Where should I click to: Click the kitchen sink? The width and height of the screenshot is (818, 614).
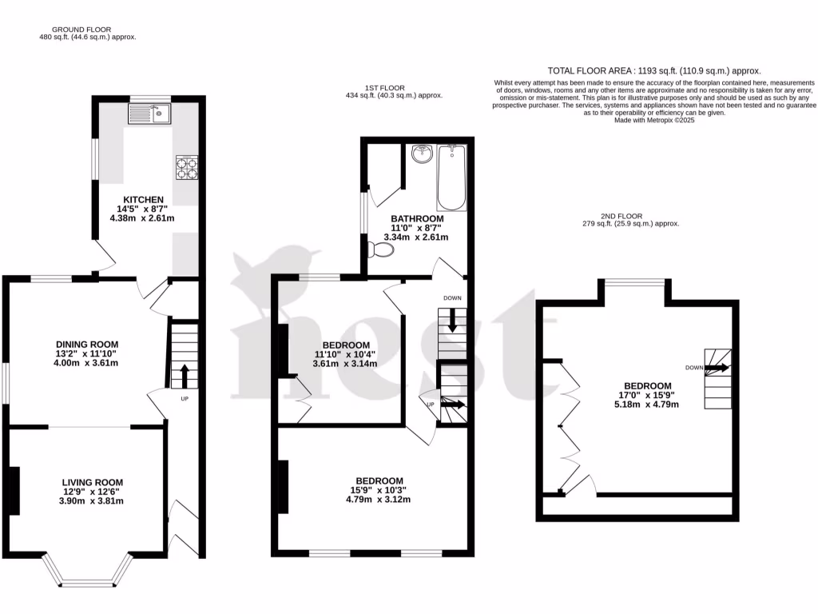click(x=149, y=114)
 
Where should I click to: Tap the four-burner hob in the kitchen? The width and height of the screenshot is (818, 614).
click(x=186, y=167)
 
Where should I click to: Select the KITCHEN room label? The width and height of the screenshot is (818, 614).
click(x=143, y=200)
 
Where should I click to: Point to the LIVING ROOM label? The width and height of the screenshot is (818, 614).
click(x=93, y=482)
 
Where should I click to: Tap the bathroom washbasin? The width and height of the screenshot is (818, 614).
click(x=421, y=153)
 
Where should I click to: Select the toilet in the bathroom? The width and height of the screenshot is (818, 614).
click(x=382, y=250)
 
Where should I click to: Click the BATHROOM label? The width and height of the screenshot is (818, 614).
click(x=416, y=219)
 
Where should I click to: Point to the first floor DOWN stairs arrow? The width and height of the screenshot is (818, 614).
click(x=453, y=321)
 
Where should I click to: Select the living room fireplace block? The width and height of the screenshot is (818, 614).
click(x=14, y=490)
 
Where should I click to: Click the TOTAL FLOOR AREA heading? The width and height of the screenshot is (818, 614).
click(x=654, y=71)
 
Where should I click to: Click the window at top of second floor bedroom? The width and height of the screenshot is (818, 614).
click(x=634, y=281)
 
